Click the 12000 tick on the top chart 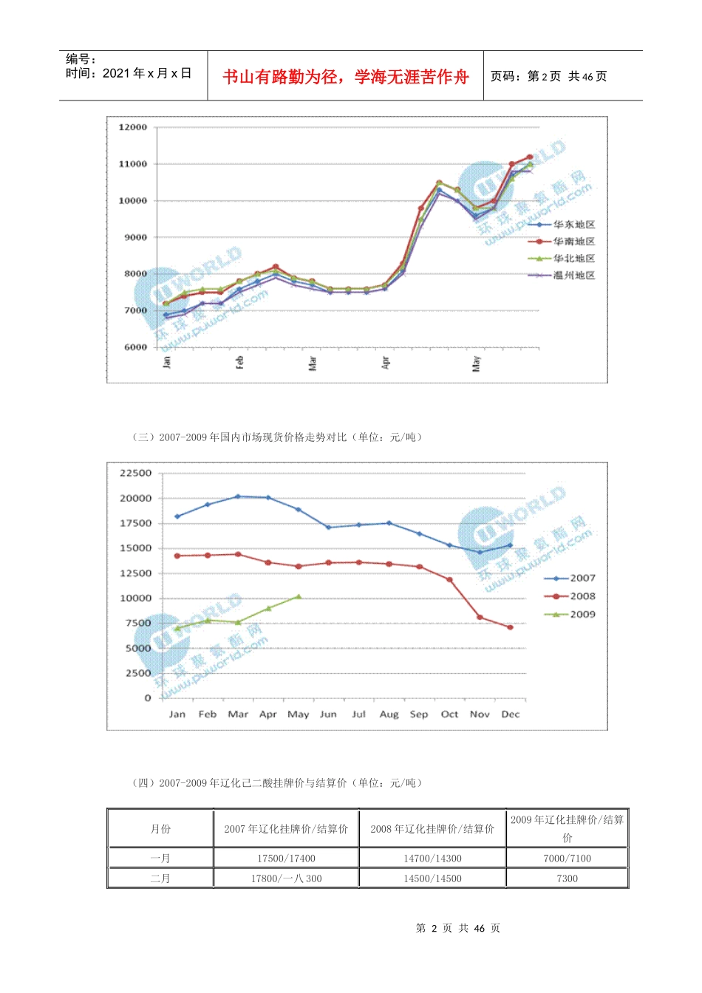coord(133,127)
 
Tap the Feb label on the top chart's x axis coord(239,362)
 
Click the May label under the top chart coord(477,363)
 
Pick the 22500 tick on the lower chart coord(136,473)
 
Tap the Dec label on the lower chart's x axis coord(511,714)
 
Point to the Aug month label coord(389,714)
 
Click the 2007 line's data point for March coord(237,496)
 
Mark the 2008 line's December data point coord(511,627)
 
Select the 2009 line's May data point coord(299,596)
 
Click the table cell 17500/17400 coord(286,859)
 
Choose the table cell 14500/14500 coord(432,878)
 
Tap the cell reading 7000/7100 coord(567,859)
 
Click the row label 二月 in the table coord(160,878)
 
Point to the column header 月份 coord(160,829)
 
